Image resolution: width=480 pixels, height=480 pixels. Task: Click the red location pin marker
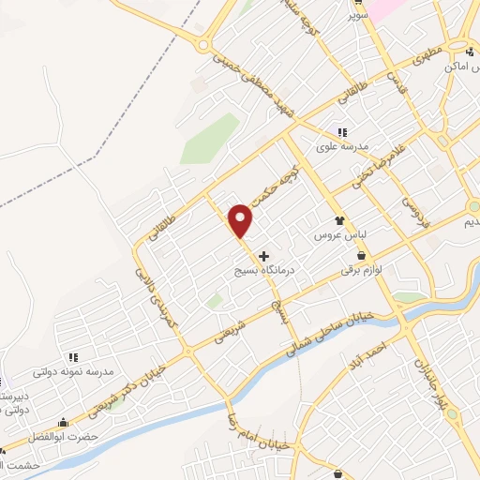[x=241, y=220]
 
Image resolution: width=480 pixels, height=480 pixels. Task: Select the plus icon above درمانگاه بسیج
[x=263, y=255]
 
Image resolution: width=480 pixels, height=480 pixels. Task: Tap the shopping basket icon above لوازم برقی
[x=361, y=254]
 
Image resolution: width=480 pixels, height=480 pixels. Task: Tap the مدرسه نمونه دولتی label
[x=72, y=370]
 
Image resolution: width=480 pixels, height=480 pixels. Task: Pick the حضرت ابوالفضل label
[x=64, y=436]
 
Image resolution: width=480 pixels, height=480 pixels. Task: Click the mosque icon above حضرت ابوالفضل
[x=63, y=423]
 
